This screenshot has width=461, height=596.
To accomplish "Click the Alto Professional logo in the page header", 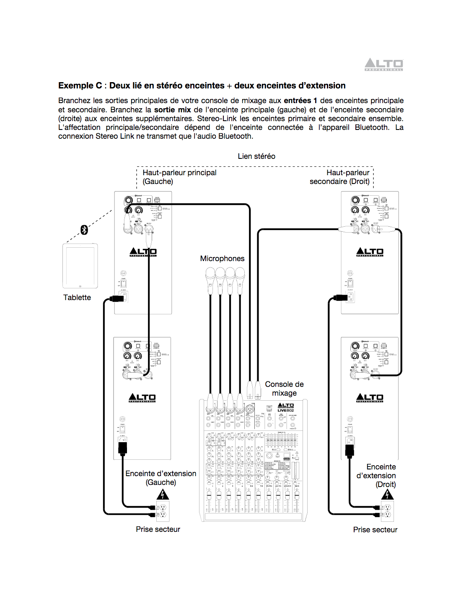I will (383, 65).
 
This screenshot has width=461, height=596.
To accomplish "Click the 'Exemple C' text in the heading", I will (80, 86).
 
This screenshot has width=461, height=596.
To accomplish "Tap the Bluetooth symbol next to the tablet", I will (84, 230).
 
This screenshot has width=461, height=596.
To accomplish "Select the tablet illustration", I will (80, 266).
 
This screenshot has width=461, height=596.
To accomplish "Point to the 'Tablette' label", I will (77, 298).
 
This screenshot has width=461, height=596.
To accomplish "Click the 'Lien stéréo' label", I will (256, 156).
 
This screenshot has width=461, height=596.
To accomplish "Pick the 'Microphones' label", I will (222, 259).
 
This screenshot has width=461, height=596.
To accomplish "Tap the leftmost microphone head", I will (210, 275).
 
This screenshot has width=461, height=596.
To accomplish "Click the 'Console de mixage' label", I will (284, 389).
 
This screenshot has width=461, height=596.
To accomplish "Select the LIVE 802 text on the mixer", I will (286, 410).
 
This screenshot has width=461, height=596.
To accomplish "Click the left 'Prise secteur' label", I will (158, 529).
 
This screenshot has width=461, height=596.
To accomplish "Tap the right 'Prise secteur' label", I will (375, 530).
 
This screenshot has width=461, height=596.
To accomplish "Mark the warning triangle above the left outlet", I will (163, 495).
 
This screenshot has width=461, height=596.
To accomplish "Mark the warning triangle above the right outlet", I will (387, 495).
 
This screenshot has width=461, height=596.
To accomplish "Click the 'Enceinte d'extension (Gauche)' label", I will (161, 478).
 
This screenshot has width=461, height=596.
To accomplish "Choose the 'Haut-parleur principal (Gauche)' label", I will (179, 177).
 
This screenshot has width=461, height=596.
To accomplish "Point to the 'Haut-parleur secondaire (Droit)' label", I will (340, 177).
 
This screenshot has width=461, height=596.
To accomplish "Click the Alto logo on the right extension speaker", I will (370, 398).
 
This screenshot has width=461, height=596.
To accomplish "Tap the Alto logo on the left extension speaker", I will (142, 398).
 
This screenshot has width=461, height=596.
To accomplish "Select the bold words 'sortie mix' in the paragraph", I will (172, 110).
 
